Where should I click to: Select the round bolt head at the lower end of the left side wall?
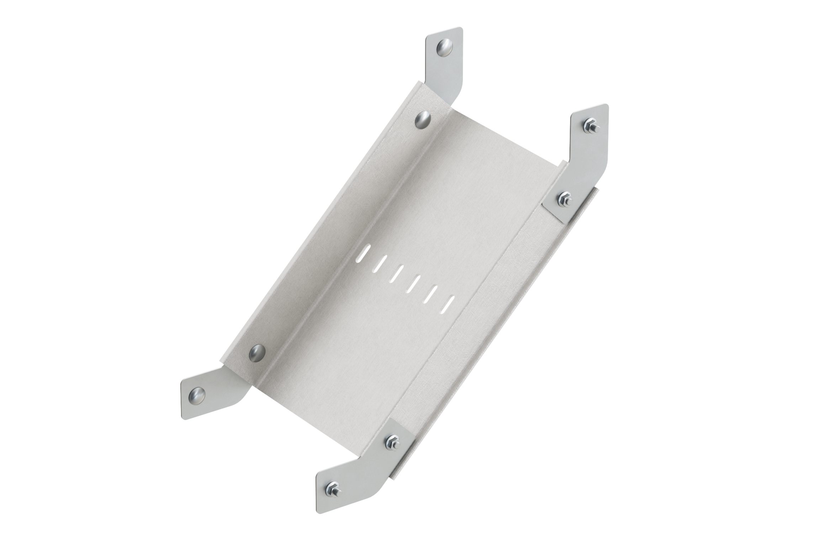[256, 353]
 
